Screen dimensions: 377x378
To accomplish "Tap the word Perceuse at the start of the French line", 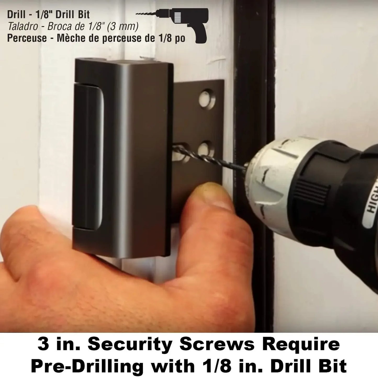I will coord(27,38).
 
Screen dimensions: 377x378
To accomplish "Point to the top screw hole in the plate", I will coord(206,99).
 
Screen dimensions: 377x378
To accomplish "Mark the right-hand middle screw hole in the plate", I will coord(205,148).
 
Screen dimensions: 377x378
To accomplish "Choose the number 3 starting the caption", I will coord(43,345).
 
